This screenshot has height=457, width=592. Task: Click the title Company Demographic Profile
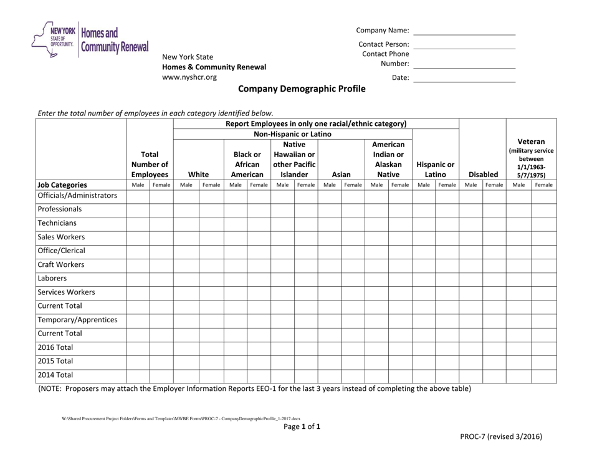302,89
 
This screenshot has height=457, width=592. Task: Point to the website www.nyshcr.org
189,78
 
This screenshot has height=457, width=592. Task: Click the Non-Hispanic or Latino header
292,134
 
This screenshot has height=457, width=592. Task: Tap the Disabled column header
482,176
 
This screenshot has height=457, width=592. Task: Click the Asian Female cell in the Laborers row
352,278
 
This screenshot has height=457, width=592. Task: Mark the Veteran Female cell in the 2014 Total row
543,375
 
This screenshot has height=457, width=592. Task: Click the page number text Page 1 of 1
302,427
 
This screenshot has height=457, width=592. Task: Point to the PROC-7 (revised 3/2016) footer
513,437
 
